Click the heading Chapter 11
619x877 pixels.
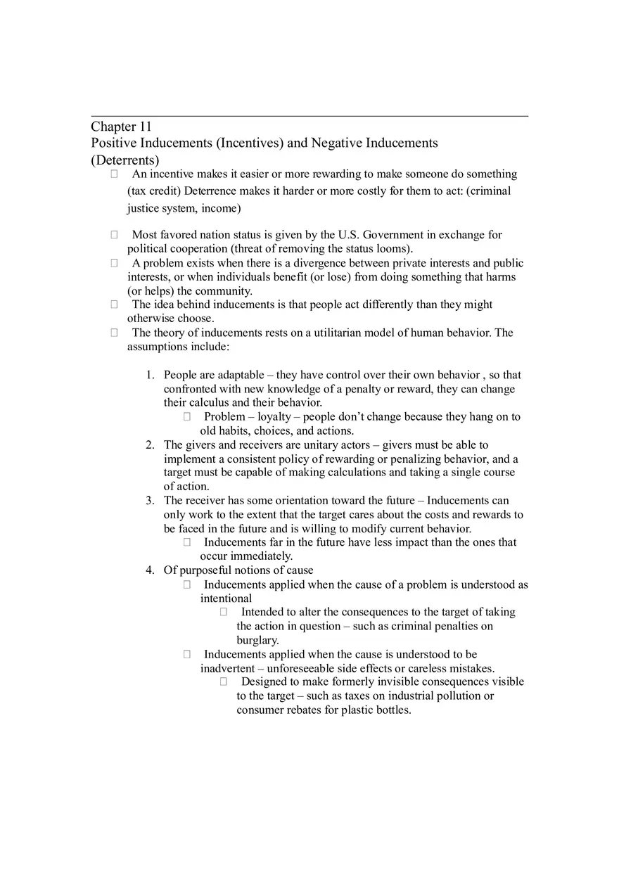click(x=121, y=127)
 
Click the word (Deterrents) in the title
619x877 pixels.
click(x=125, y=160)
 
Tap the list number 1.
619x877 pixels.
click(x=150, y=375)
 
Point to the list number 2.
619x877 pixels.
click(x=150, y=444)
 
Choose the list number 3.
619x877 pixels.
click(x=150, y=501)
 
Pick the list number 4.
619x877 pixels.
click(x=150, y=570)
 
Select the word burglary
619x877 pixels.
click(x=257, y=640)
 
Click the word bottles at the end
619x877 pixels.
click(x=391, y=710)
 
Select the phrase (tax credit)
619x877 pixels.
click(x=154, y=191)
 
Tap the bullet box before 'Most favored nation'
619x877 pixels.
click(x=114, y=235)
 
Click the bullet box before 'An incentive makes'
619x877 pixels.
click(x=114, y=174)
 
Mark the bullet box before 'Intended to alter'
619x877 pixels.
click(x=224, y=612)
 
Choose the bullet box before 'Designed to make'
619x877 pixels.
click(x=224, y=681)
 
